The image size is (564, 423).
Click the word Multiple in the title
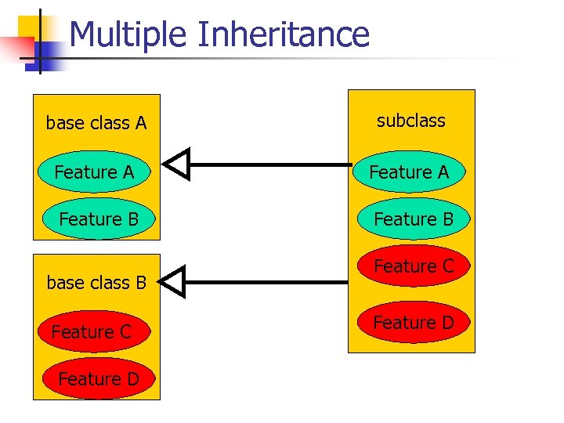(130, 34)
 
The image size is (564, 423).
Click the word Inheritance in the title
(283, 34)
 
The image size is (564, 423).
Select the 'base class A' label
(96, 123)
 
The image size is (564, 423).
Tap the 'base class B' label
(96, 283)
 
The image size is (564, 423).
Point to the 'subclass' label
(410, 121)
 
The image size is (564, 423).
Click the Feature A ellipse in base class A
(94, 172)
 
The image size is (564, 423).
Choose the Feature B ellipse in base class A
(99, 219)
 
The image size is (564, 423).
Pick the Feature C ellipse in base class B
(92, 332)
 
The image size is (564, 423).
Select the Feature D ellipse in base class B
(98, 379)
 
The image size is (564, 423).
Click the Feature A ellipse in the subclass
(409, 172)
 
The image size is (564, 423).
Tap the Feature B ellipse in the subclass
(414, 219)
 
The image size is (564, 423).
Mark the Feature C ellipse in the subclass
(414, 266)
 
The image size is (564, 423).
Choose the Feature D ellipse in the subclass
(413, 322)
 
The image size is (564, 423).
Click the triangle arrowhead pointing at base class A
(177, 164)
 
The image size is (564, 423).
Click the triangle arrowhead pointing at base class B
(177, 281)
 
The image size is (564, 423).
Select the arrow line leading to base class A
(270, 164)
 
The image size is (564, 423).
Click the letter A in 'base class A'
(141, 123)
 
